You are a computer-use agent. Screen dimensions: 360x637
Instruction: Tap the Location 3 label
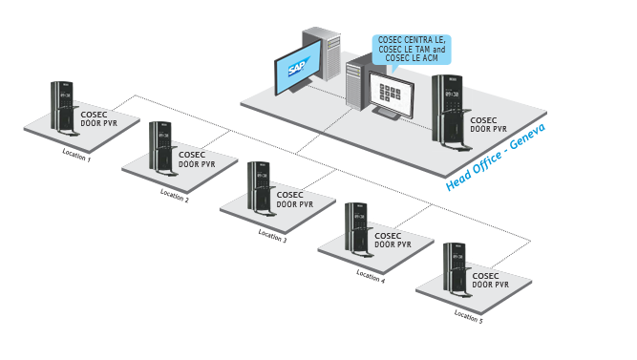click(272, 235)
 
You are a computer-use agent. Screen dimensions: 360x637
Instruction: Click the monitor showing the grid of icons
click(392, 94)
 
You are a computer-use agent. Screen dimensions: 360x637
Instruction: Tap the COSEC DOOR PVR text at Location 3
click(294, 199)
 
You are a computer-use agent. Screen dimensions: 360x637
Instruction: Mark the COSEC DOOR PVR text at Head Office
click(490, 124)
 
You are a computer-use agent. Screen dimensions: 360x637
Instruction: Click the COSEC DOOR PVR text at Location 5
click(490, 280)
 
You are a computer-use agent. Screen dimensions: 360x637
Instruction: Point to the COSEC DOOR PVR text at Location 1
click(100, 118)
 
